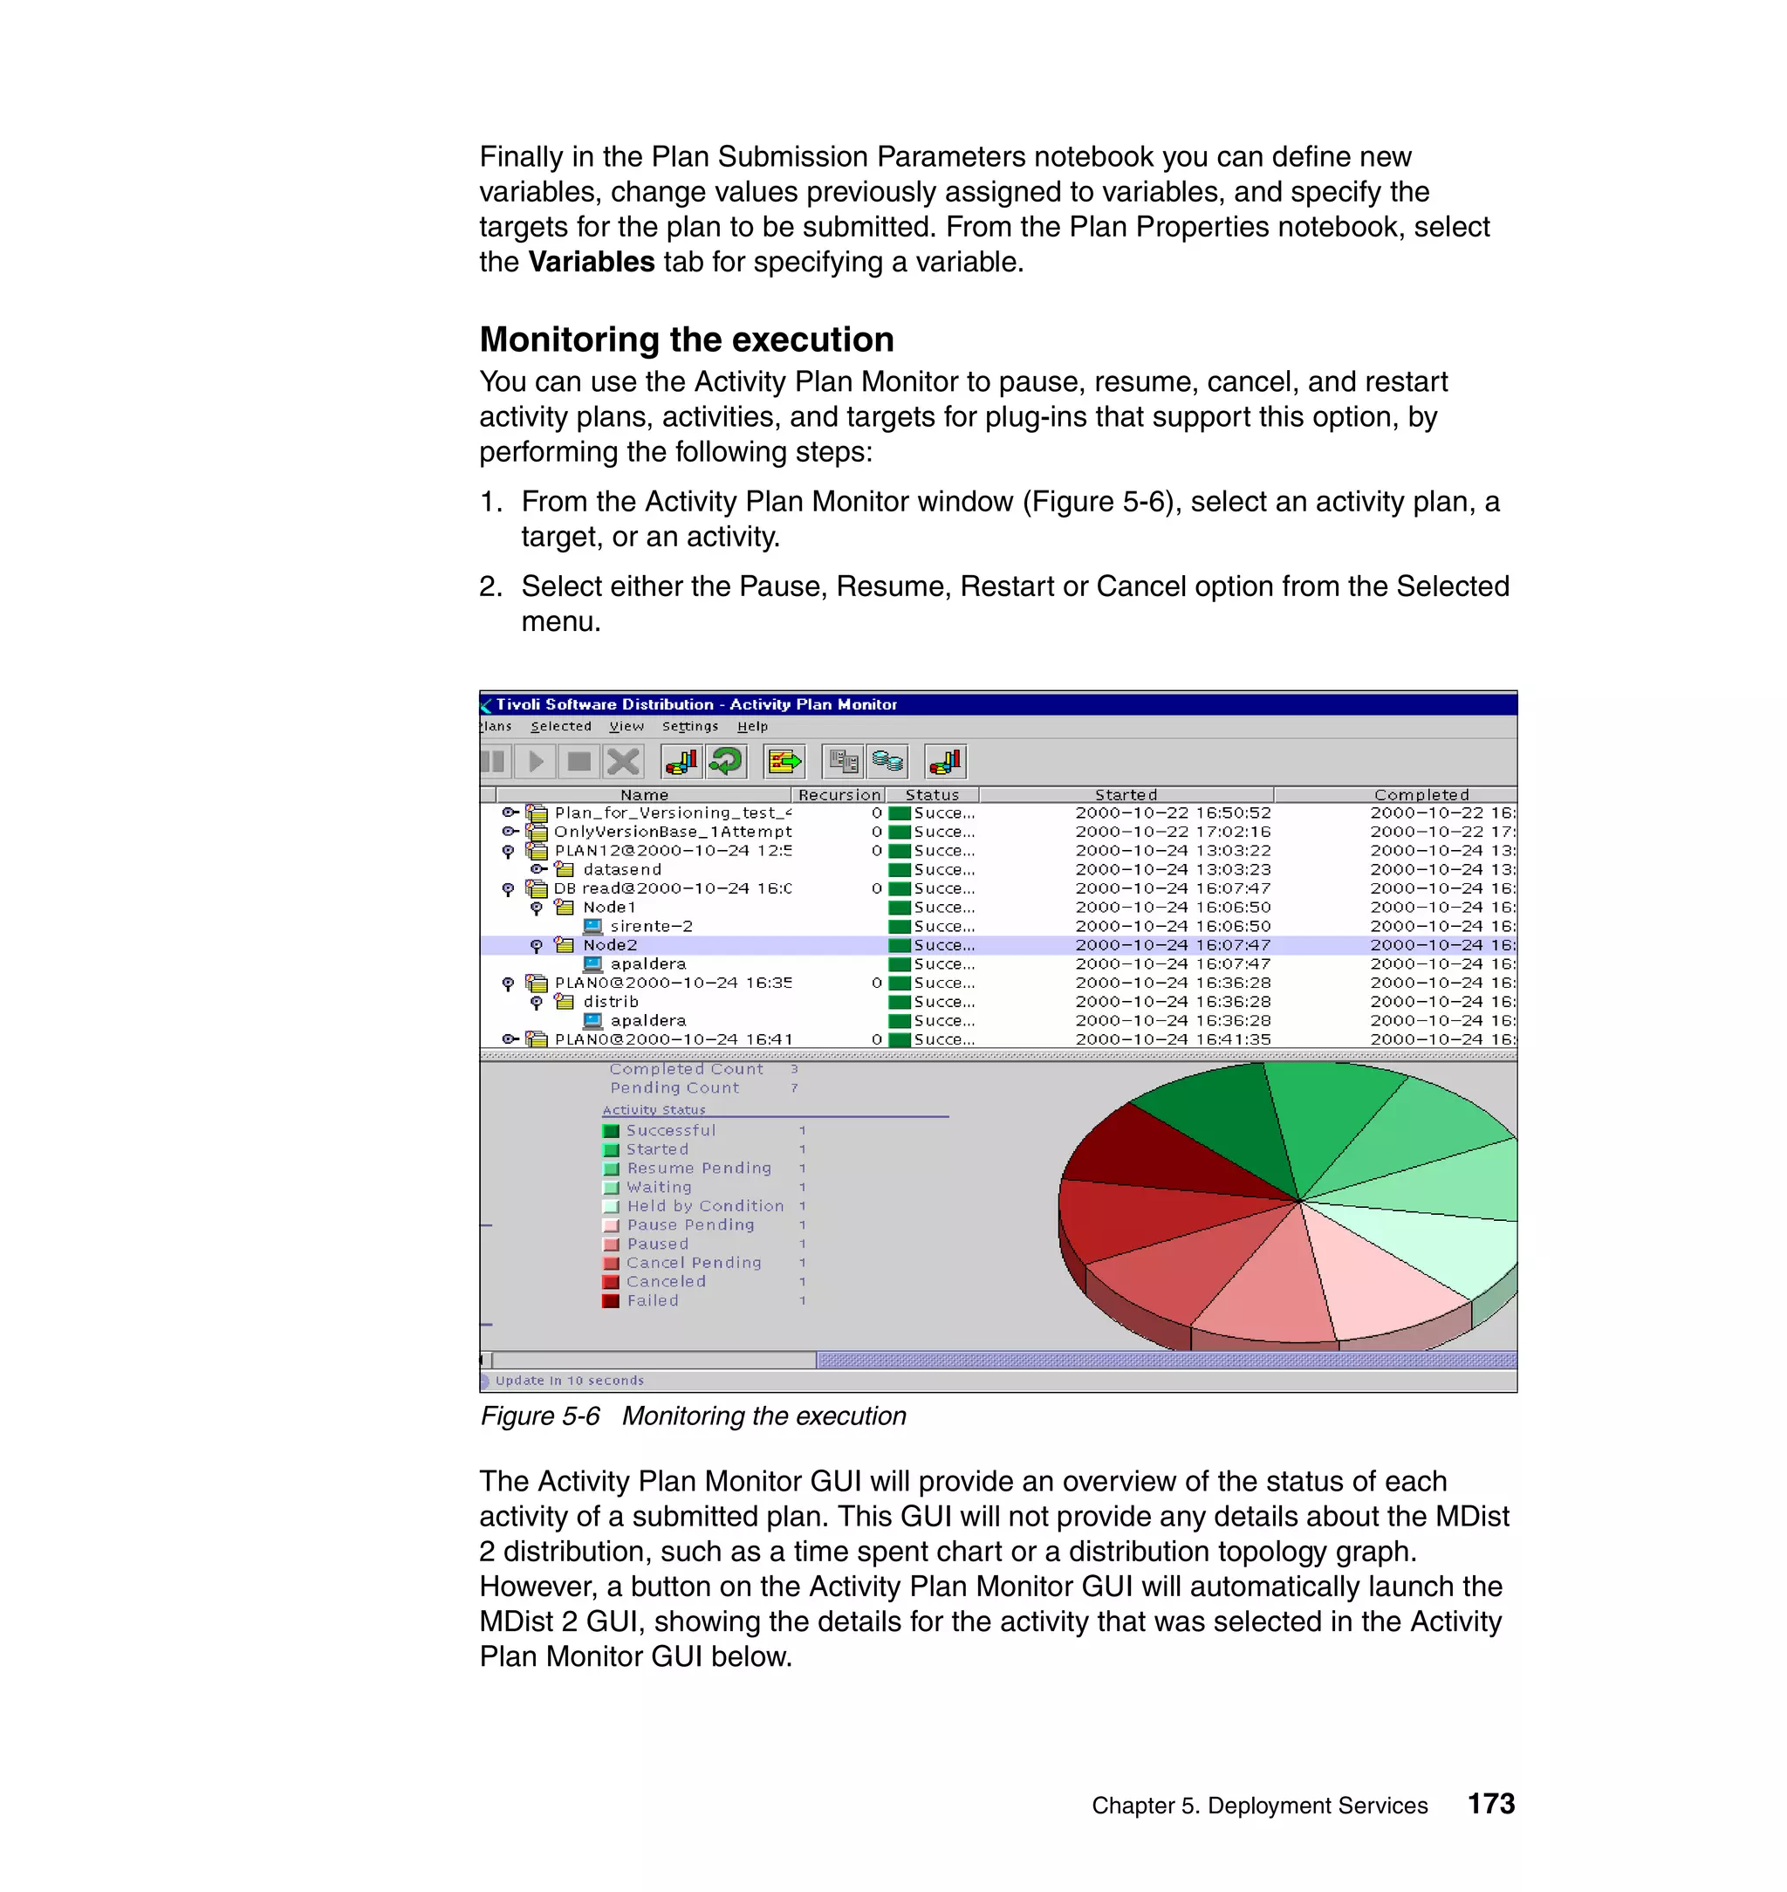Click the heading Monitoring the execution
click(x=686, y=340)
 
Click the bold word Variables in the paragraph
click(x=591, y=262)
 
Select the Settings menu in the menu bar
click(x=689, y=726)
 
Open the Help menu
click(x=751, y=726)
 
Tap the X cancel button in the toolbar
click(x=624, y=761)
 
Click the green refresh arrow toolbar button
click(x=727, y=761)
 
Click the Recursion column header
click(x=839, y=794)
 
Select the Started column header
click(x=1125, y=794)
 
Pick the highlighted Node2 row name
click(x=610, y=945)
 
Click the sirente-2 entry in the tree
click(x=652, y=926)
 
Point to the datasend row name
click(x=622, y=869)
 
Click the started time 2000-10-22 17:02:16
click(x=1173, y=832)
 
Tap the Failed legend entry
click(x=653, y=1300)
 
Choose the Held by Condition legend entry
click(x=705, y=1206)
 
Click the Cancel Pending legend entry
click(x=694, y=1262)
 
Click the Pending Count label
click(x=674, y=1088)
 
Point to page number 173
click(x=1490, y=1805)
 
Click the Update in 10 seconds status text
click(x=569, y=1381)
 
